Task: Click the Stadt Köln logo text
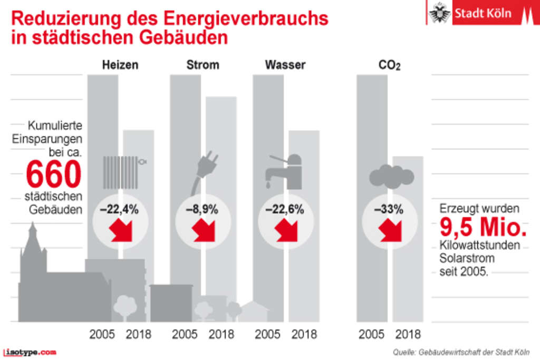(483, 13)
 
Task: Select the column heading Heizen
(120, 65)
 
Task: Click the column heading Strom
(202, 65)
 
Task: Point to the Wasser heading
(285, 65)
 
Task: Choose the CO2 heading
(389, 66)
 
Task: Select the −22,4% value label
(119, 209)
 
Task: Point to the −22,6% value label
(285, 209)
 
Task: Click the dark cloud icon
(391, 176)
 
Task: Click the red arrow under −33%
(390, 230)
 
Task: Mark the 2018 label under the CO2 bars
(408, 334)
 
